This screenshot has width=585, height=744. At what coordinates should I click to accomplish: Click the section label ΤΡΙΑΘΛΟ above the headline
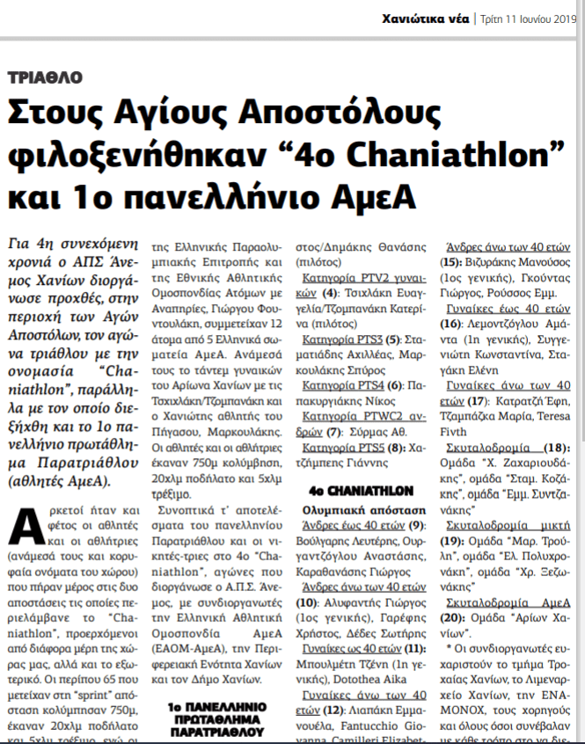pyautogui.click(x=45, y=77)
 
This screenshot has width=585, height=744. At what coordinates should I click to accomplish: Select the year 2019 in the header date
pyautogui.click(x=560, y=18)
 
